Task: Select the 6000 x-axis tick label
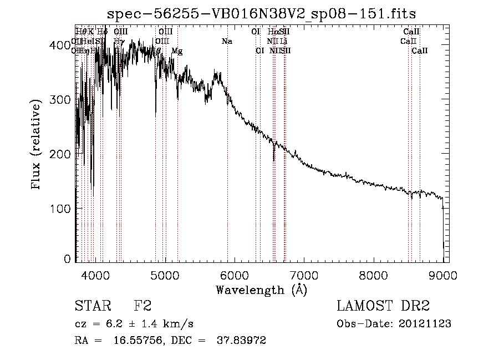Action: click(x=234, y=274)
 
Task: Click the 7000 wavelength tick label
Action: click(x=303, y=274)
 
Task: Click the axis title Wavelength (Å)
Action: click(x=261, y=290)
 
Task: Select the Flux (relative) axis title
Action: click(x=37, y=145)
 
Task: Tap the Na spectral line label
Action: click(x=227, y=42)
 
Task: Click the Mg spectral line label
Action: click(x=177, y=51)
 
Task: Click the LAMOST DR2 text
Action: click(x=383, y=306)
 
